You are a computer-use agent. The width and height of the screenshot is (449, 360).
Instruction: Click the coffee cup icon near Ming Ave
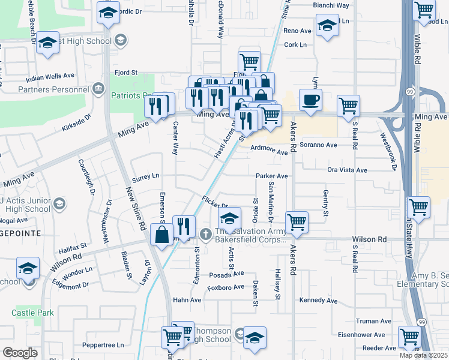click(310, 100)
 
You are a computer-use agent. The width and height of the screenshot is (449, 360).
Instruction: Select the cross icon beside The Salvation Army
click(205, 233)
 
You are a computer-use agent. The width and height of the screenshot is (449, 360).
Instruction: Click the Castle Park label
click(32, 313)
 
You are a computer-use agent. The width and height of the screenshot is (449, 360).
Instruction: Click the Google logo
click(20, 352)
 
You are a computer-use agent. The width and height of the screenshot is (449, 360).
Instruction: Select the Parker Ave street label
click(272, 176)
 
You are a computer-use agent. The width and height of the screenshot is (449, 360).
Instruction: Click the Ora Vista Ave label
click(347, 170)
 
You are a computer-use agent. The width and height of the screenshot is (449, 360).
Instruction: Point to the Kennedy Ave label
click(319, 300)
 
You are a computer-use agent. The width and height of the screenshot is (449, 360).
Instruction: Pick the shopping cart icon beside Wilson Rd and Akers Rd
click(297, 221)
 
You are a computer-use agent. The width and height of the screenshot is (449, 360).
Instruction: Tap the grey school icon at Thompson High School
click(239, 333)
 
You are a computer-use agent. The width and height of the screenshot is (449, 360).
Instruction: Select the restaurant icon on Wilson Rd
click(184, 226)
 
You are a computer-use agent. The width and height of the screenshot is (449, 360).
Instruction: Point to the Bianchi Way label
click(331, 5)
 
